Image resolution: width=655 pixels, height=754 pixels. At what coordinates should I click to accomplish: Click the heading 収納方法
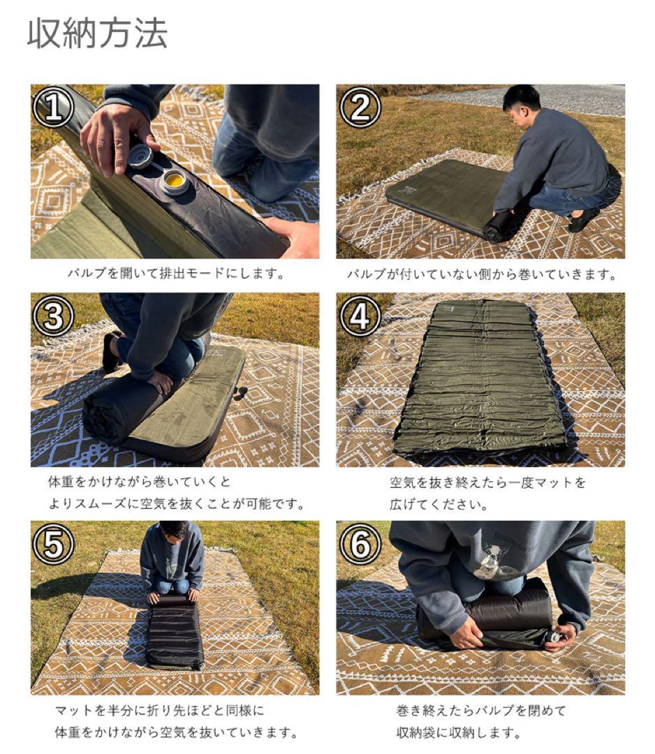[97, 34]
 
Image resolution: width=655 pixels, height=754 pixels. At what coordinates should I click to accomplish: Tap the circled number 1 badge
[53, 107]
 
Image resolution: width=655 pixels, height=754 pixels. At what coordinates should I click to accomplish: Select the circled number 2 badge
[360, 107]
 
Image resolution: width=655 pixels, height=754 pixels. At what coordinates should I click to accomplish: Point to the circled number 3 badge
[53, 316]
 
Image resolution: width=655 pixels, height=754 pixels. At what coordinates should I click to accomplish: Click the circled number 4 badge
[360, 316]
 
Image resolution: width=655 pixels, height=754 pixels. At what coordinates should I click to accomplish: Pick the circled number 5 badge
[53, 544]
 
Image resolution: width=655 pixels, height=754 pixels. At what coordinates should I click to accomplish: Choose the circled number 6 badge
[360, 544]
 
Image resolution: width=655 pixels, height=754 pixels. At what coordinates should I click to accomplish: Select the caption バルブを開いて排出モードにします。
[175, 274]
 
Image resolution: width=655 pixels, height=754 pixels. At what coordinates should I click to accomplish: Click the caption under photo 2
[481, 274]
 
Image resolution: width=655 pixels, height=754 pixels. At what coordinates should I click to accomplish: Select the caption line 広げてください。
[439, 505]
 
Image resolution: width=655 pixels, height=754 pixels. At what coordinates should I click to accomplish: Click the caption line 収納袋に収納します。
[459, 732]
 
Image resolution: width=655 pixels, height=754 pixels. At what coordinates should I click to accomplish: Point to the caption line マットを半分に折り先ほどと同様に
[160, 710]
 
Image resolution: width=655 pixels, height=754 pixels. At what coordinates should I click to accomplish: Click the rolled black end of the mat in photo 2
[498, 226]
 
